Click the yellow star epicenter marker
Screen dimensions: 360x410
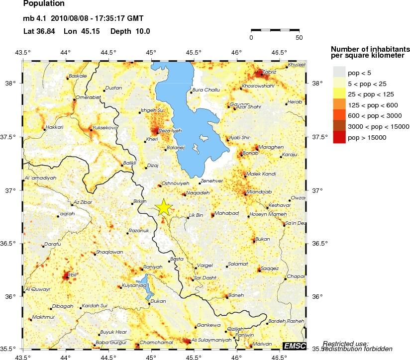click(164, 208)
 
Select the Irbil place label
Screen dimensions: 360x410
click(73, 274)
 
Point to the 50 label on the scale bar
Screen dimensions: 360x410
click(299, 37)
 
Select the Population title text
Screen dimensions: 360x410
click(44, 4)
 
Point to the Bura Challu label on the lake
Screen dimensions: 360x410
click(206, 90)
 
